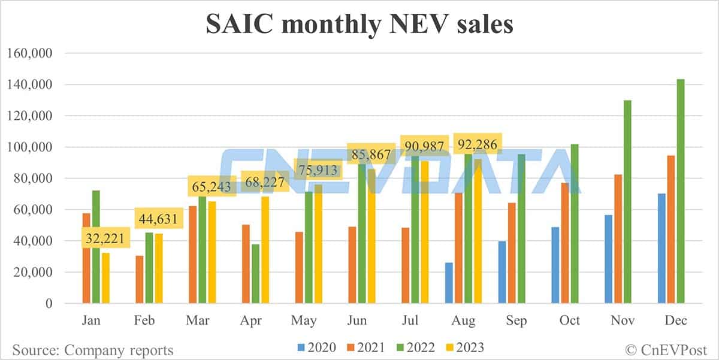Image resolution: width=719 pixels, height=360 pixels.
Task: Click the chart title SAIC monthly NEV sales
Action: coord(359,25)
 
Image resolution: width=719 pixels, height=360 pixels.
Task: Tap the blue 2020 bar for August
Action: coord(449,283)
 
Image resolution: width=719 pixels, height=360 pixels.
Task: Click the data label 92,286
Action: coord(478,145)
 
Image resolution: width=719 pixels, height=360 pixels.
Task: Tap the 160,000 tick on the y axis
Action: coord(31,53)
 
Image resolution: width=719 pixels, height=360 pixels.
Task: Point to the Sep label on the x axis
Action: coord(516,321)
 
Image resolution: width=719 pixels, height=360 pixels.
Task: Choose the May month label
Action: coord(304,321)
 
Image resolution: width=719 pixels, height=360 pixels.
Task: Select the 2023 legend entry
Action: coord(463,347)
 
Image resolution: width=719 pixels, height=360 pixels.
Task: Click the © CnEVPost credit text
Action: coord(666,349)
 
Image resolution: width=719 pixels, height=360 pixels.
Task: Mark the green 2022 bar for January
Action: coord(96,247)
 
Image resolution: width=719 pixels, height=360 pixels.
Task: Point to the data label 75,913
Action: coord(318,169)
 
